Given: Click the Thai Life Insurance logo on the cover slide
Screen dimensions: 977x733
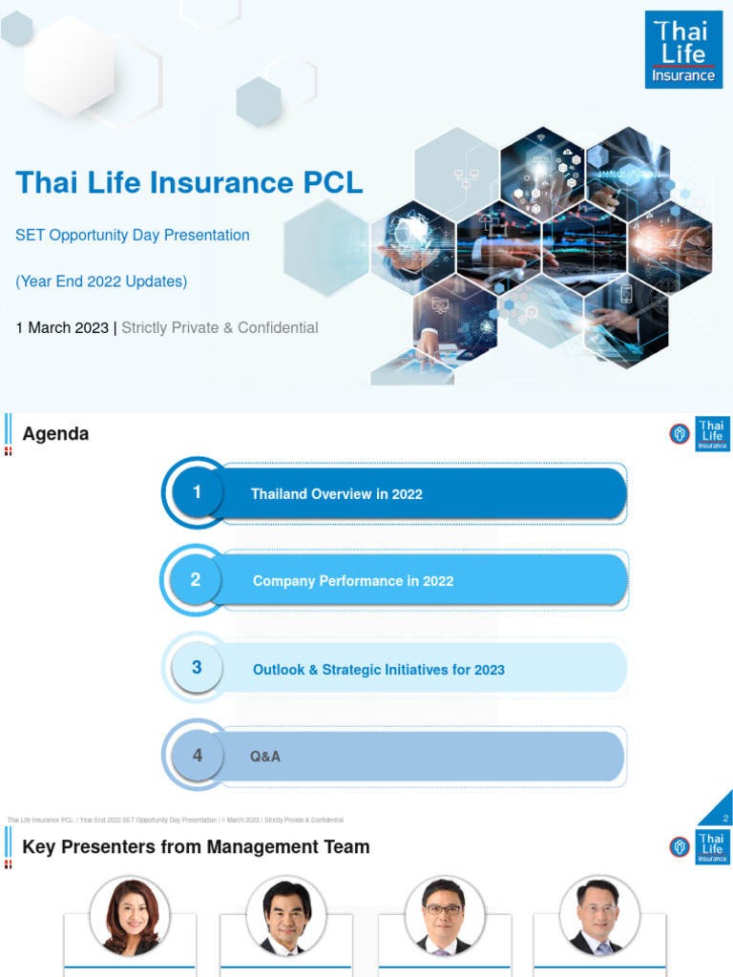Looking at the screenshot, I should [683, 50].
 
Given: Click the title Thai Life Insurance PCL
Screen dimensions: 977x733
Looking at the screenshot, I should [189, 182].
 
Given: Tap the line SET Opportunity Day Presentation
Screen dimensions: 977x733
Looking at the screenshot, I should [133, 235].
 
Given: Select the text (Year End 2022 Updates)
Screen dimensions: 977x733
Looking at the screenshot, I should [101, 281].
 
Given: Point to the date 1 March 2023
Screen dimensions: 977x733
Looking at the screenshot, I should [62, 327].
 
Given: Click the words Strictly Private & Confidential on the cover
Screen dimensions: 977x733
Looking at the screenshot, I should [220, 327].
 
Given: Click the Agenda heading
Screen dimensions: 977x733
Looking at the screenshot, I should [55, 434].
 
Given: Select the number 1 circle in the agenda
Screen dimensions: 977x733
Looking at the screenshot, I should [197, 493].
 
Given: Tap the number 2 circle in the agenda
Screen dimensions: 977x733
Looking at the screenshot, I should [196, 580].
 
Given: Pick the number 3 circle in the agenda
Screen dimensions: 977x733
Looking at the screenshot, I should [197, 668].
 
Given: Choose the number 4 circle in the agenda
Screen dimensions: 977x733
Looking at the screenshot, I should [197, 756].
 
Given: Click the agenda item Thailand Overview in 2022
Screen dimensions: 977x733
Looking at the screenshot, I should [336, 494].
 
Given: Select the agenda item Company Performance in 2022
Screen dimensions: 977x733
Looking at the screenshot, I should [353, 581].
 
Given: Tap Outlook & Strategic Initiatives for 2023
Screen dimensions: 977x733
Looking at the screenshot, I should [378, 670].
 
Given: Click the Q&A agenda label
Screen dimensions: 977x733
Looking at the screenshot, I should [265, 757].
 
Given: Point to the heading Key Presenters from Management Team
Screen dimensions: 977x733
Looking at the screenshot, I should [196, 847].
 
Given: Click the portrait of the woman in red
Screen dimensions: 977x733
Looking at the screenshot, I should [131, 916].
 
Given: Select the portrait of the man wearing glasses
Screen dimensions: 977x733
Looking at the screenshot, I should [443, 916].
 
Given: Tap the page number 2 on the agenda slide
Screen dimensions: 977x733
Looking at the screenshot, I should [725, 819].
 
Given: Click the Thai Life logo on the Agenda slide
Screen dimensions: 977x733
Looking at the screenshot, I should [711, 434].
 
